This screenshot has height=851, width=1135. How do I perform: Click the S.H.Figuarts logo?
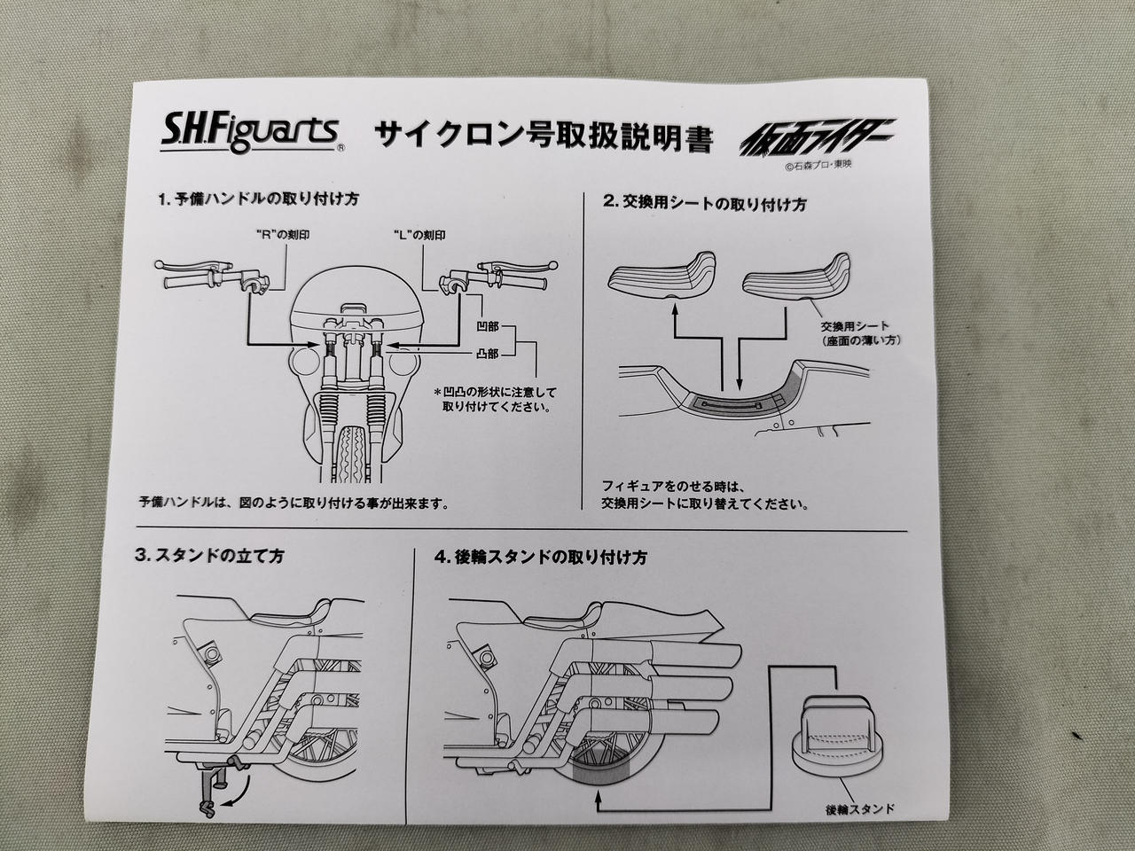pos(249,132)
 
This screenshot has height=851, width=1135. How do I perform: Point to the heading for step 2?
pos(705,202)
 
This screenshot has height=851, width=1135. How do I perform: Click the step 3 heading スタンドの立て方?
pos(209,557)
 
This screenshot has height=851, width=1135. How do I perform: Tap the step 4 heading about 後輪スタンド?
pos(540,558)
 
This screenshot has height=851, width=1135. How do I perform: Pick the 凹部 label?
pos(487,327)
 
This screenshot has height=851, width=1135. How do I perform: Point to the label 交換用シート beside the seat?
pos(855,326)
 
